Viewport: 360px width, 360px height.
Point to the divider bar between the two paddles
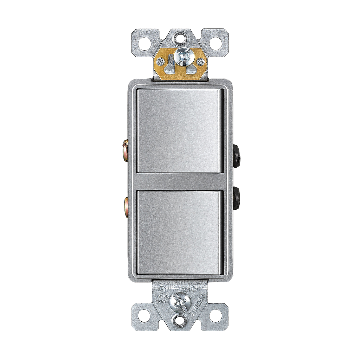[x=179, y=181]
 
